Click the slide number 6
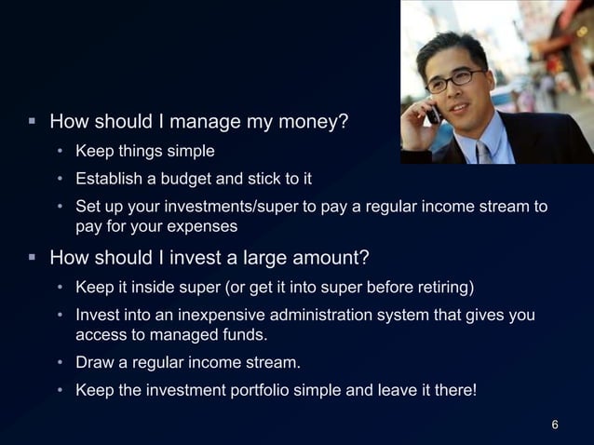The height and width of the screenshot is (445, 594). (555, 425)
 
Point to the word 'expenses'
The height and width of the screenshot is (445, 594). (209, 226)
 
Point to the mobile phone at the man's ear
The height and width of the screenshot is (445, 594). (433, 112)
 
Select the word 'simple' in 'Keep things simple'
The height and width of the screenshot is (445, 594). (191, 151)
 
